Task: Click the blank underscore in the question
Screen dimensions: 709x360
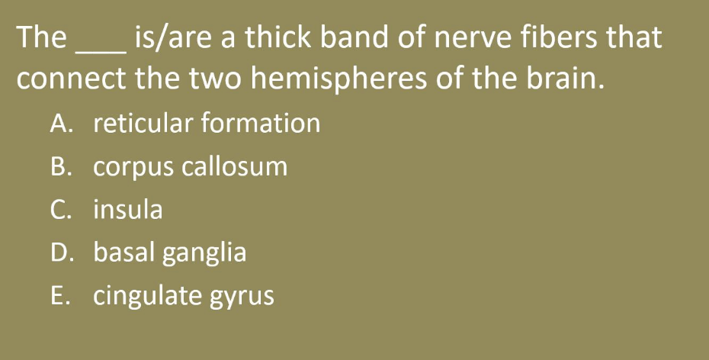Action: tap(101, 53)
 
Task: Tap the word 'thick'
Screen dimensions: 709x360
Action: tap(278, 37)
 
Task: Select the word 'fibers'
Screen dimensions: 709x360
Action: tap(558, 37)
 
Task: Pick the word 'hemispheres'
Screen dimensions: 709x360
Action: tap(338, 79)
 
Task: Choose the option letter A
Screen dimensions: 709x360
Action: tap(61, 124)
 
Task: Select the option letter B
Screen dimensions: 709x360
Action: tap(61, 166)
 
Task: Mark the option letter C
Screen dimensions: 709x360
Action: tap(60, 210)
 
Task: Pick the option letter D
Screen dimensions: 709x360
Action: tap(61, 252)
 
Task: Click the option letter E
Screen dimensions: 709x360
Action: tap(60, 296)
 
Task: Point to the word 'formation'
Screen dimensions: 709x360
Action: tap(261, 123)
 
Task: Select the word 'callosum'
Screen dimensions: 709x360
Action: tap(234, 166)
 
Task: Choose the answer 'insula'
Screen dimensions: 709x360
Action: tap(128, 209)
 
